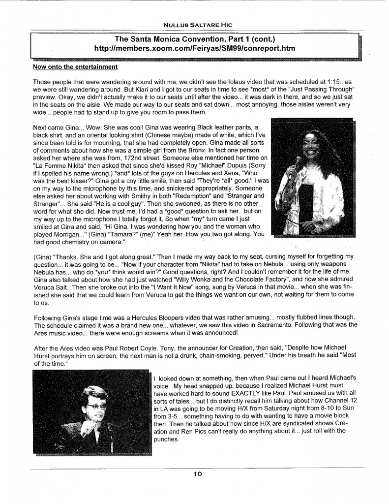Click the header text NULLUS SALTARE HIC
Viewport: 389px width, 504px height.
click(x=199, y=24)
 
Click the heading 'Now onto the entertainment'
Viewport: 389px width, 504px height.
click(x=75, y=66)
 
